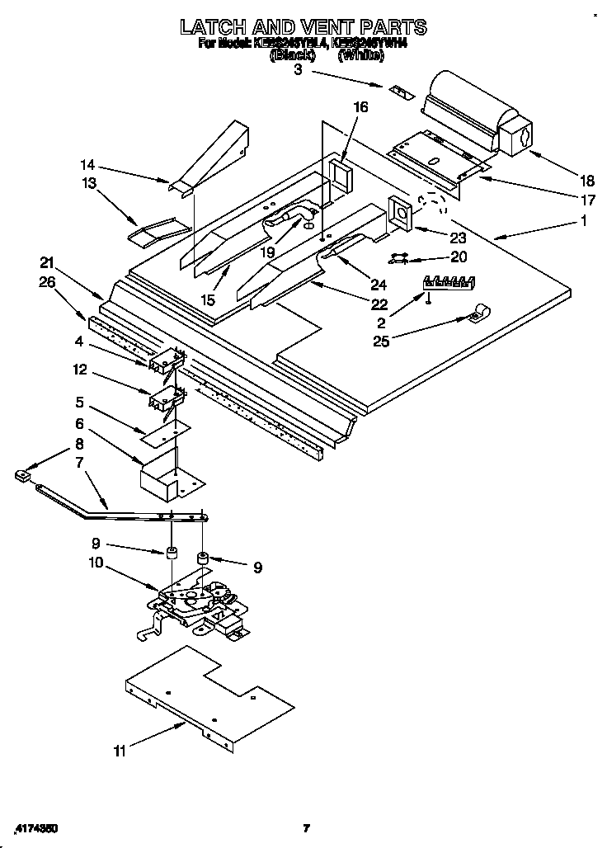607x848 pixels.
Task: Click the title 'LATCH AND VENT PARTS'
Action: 303,26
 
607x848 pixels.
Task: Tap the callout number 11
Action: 121,751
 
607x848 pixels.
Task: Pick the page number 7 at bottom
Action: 305,827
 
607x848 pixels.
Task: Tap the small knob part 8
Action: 22,474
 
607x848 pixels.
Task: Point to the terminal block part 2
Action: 450,282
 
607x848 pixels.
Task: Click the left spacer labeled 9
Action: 172,553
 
